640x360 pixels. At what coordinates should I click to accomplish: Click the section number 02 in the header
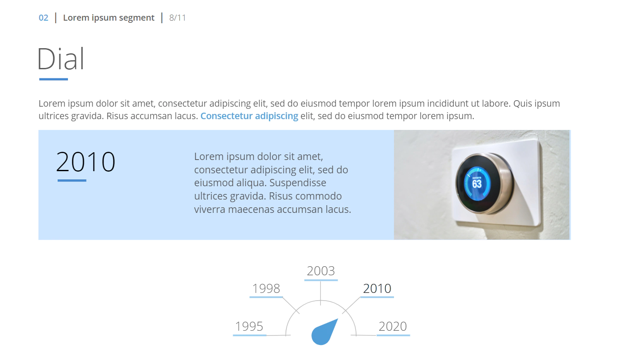(43, 18)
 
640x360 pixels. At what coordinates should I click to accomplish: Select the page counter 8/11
(178, 18)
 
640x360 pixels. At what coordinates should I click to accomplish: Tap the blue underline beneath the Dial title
(53, 79)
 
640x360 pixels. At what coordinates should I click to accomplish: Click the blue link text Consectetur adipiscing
(249, 116)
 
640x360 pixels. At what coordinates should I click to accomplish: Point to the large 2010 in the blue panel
(86, 162)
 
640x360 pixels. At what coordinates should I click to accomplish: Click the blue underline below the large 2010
(72, 180)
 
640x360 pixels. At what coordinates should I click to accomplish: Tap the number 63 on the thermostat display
(477, 184)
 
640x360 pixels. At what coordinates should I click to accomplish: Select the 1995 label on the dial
(249, 326)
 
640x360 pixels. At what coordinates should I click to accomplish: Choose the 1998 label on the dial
(266, 289)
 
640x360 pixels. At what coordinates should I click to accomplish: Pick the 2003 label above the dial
(321, 271)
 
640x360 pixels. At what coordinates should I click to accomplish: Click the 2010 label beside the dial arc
(377, 289)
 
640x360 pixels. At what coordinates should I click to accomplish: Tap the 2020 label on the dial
(393, 326)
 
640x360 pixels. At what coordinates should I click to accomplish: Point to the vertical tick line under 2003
(320, 293)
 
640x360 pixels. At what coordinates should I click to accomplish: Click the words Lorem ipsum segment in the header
(108, 18)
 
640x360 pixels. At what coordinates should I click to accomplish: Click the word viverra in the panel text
(210, 209)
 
